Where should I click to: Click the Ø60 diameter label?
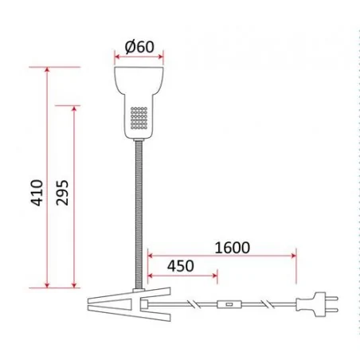[139, 46]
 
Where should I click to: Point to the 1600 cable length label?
[233, 248]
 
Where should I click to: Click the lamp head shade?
[140, 88]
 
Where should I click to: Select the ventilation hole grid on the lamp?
[140, 120]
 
